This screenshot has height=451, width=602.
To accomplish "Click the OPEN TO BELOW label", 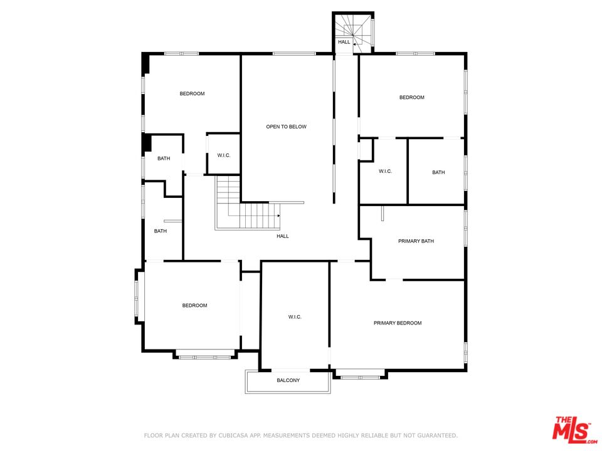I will coord(286,127).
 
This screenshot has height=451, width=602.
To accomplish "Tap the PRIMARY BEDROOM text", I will coord(398,323).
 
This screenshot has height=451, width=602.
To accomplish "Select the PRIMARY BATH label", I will coord(416,241).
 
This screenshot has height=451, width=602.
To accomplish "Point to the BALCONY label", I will coord(288,381).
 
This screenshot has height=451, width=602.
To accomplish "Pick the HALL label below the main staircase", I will coord(283,236).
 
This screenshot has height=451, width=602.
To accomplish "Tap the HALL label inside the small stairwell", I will coord(344,42).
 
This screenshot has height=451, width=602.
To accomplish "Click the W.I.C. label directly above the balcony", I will coord(295,318).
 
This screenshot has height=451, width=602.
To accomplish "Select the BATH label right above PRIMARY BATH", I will coord(438,172).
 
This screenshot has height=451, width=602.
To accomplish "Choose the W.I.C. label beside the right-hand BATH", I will coord(385,172).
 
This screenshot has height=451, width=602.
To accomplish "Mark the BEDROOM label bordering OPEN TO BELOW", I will coord(192,94).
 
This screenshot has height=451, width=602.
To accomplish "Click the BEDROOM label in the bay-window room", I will coord(194,306).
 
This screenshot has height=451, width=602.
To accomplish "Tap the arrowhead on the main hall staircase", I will coord(278,215).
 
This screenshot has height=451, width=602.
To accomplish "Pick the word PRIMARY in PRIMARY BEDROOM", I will coord(385,323).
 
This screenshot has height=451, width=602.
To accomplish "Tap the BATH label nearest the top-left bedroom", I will coord(164,158).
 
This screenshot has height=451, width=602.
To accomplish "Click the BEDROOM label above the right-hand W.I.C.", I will coord(412,98).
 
